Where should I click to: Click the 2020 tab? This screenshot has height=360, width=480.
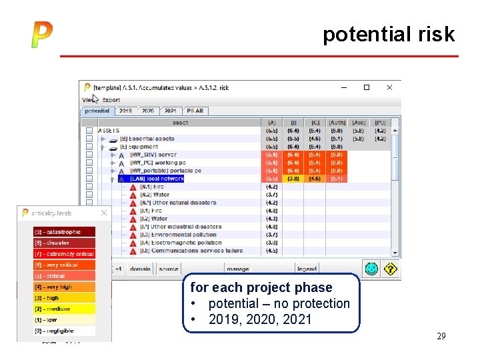pos(148,111)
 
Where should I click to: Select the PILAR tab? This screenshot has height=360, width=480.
pos(195,111)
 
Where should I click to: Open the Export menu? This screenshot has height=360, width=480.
pos(111,100)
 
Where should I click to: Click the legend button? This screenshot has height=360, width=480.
pos(307,269)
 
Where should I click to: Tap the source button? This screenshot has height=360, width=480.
pos(169,269)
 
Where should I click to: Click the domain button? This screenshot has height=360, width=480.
pos(140,269)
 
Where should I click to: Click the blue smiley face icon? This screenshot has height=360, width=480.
pos(372,268)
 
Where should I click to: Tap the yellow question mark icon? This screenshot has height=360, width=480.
pos(390,268)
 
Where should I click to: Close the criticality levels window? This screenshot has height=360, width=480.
pos(103,213)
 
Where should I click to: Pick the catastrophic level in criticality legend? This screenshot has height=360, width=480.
pos(64,232)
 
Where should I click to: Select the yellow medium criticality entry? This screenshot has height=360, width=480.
pos(64,309)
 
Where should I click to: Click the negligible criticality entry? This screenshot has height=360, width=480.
pos(64,331)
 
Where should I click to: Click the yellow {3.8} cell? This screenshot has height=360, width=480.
pos(293,179)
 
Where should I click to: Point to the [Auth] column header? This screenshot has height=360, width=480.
pos(337,123)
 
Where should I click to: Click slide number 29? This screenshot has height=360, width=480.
pos(441,337)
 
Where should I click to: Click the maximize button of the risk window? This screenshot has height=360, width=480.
pos(366,87)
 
